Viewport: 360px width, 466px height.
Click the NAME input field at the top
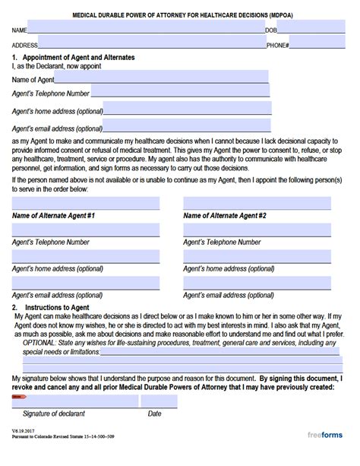[144, 30]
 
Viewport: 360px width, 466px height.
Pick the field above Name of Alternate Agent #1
[86, 204]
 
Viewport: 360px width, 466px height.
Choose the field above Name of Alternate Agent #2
[257, 204]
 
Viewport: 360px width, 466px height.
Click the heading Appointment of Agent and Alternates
[76, 58]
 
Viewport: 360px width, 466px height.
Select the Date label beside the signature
[154, 414]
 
